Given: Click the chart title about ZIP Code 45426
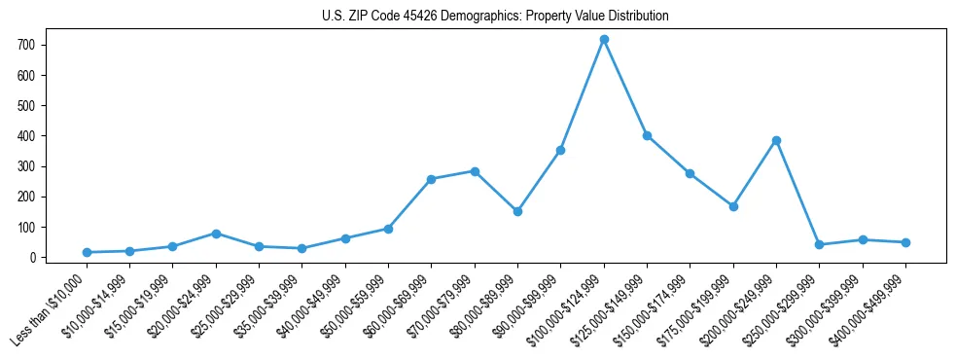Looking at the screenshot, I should point(495,17).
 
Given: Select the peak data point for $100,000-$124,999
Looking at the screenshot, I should point(604,39).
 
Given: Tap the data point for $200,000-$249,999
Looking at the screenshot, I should point(776,140).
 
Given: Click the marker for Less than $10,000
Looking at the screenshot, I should point(87,252).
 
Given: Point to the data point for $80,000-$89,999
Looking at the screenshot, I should point(517,211).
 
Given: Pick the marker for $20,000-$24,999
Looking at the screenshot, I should point(216,234).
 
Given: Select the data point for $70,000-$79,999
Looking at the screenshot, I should point(475,171).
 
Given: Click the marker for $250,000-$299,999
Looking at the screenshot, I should point(819,245).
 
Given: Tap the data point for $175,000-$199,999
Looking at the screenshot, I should point(733,206).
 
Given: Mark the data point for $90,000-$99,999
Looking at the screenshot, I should point(560,150).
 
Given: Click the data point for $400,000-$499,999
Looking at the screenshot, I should point(905,242).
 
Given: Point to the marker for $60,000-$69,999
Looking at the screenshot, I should point(431,179).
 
